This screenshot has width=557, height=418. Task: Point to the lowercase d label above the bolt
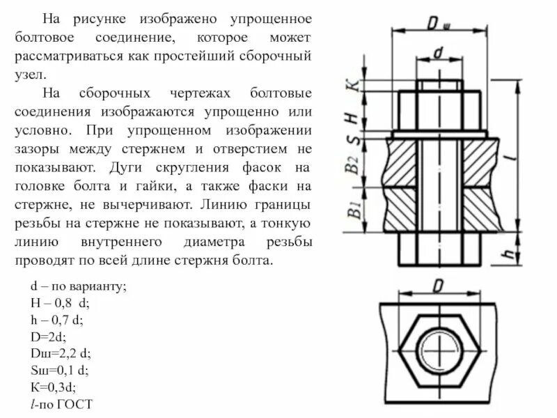pos(438,53)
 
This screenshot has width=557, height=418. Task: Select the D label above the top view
pos(438,286)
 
